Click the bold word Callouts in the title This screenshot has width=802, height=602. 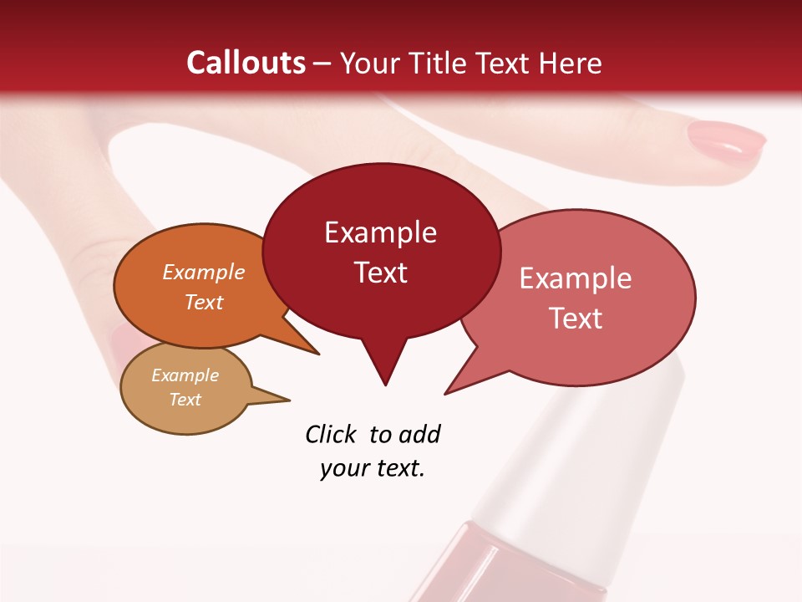pyautogui.click(x=246, y=63)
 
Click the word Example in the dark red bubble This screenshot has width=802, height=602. pyautogui.click(x=380, y=232)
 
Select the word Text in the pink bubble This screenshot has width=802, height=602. pyautogui.click(x=576, y=319)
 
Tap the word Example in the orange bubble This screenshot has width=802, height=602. pyautogui.click(x=204, y=273)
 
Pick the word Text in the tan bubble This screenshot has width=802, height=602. pyautogui.click(x=185, y=400)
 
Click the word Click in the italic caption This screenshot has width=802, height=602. pyautogui.click(x=331, y=434)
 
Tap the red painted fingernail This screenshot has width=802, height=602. pyautogui.click(x=726, y=138)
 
